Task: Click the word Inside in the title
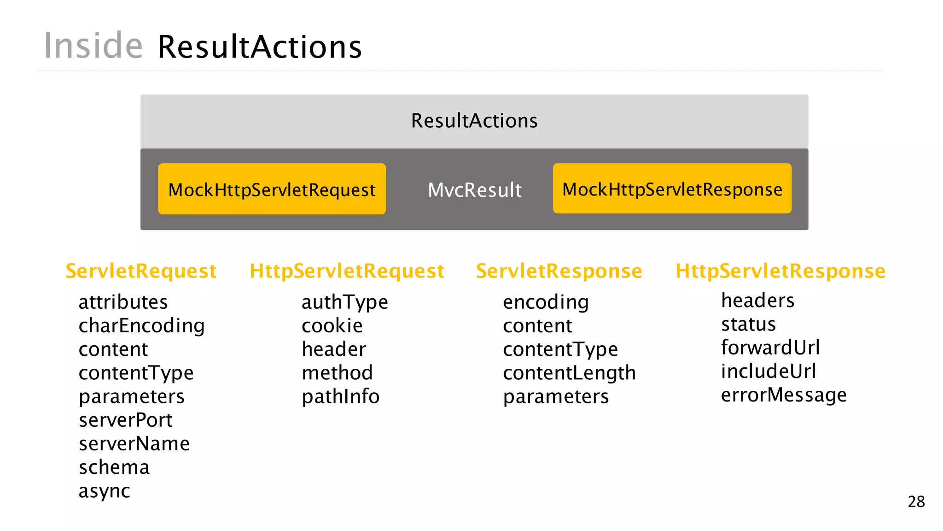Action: point(93,46)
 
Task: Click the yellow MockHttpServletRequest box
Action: point(272,189)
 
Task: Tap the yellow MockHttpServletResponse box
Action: point(672,189)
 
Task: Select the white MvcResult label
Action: point(474,190)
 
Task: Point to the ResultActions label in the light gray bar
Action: point(474,121)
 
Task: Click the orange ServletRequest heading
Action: point(141,271)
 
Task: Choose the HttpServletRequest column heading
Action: point(346,271)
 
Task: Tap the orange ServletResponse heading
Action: point(559,271)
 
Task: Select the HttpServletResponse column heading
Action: point(780,271)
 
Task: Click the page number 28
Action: point(916,501)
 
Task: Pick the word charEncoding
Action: point(141,326)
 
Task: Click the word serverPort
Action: point(125,420)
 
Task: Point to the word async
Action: point(104,491)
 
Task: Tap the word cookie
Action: point(332,326)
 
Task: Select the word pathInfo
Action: point(340,396)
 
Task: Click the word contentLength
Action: point(569,373)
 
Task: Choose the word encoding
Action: point(545,302)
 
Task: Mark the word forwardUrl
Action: point(770,348)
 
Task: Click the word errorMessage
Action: point(783,395)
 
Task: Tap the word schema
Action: point(114,467)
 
